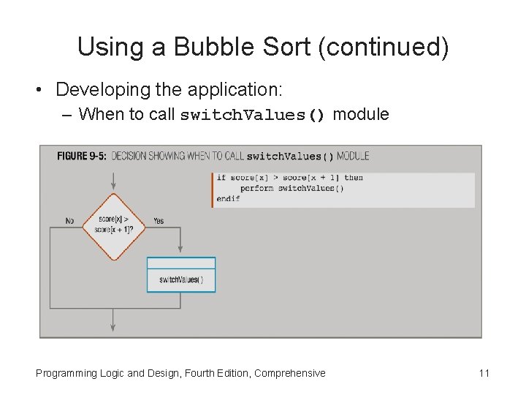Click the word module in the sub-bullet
coord(360,114)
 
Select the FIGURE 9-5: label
coord(82,156)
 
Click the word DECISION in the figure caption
coord(129,156)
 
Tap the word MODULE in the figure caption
coord(353,156)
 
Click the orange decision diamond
coord(113,226)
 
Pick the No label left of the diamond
coord(69,221)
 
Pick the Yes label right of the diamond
coord(159,221)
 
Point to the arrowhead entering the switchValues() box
coord(181,252)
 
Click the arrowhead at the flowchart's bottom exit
coord(113,328)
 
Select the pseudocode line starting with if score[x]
coord(290,178)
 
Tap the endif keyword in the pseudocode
coord(229,198)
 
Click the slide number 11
coord(484,373)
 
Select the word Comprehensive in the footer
coord(289,373)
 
